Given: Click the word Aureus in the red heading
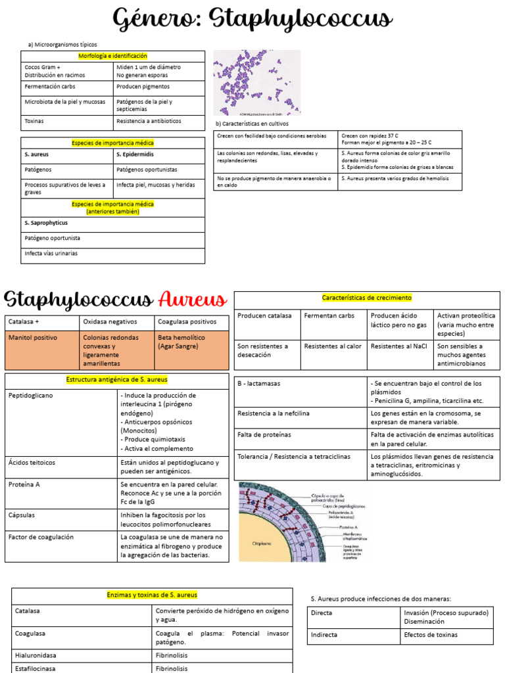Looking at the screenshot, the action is point(193,300).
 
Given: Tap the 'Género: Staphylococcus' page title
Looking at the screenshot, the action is point(252,20).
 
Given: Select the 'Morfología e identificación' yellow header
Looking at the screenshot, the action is point(112,57).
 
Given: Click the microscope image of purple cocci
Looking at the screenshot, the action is point(256,83).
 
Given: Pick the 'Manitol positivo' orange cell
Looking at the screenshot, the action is point(33,338).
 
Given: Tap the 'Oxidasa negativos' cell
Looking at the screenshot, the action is point(110,322).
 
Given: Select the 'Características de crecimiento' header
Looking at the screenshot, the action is point(367,298).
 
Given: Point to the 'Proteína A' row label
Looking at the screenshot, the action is point(24,484).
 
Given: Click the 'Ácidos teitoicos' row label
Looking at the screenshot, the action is point(32,463).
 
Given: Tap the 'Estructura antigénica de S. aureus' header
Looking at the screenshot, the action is point(117,380).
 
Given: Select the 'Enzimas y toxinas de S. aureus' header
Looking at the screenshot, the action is point(152,595).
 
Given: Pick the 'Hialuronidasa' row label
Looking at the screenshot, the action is point(36,655).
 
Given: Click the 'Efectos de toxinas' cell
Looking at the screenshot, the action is point(431,635).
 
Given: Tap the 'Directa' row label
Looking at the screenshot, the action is point(322,613).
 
